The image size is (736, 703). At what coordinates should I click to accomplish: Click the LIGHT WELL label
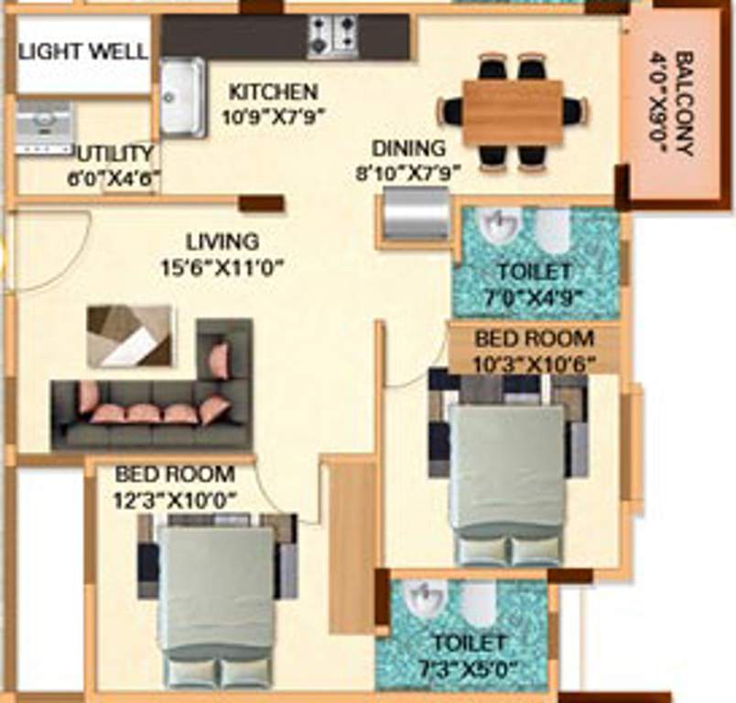(x=83, y=51)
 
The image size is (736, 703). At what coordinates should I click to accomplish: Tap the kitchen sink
(x=182, y=97)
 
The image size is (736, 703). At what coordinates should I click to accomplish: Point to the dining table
(x=512, y=112)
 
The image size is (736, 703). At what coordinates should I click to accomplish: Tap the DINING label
(x=408, y=147)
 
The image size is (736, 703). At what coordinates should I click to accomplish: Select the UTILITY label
(x=114, y=153)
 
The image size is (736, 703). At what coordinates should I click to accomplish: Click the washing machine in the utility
(x=45, y=127)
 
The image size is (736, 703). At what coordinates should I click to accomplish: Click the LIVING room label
(x=222, y=243)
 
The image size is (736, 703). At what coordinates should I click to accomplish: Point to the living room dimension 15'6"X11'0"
(x=222, y=267)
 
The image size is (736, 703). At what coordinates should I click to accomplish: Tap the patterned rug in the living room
(x=129, y=335)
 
